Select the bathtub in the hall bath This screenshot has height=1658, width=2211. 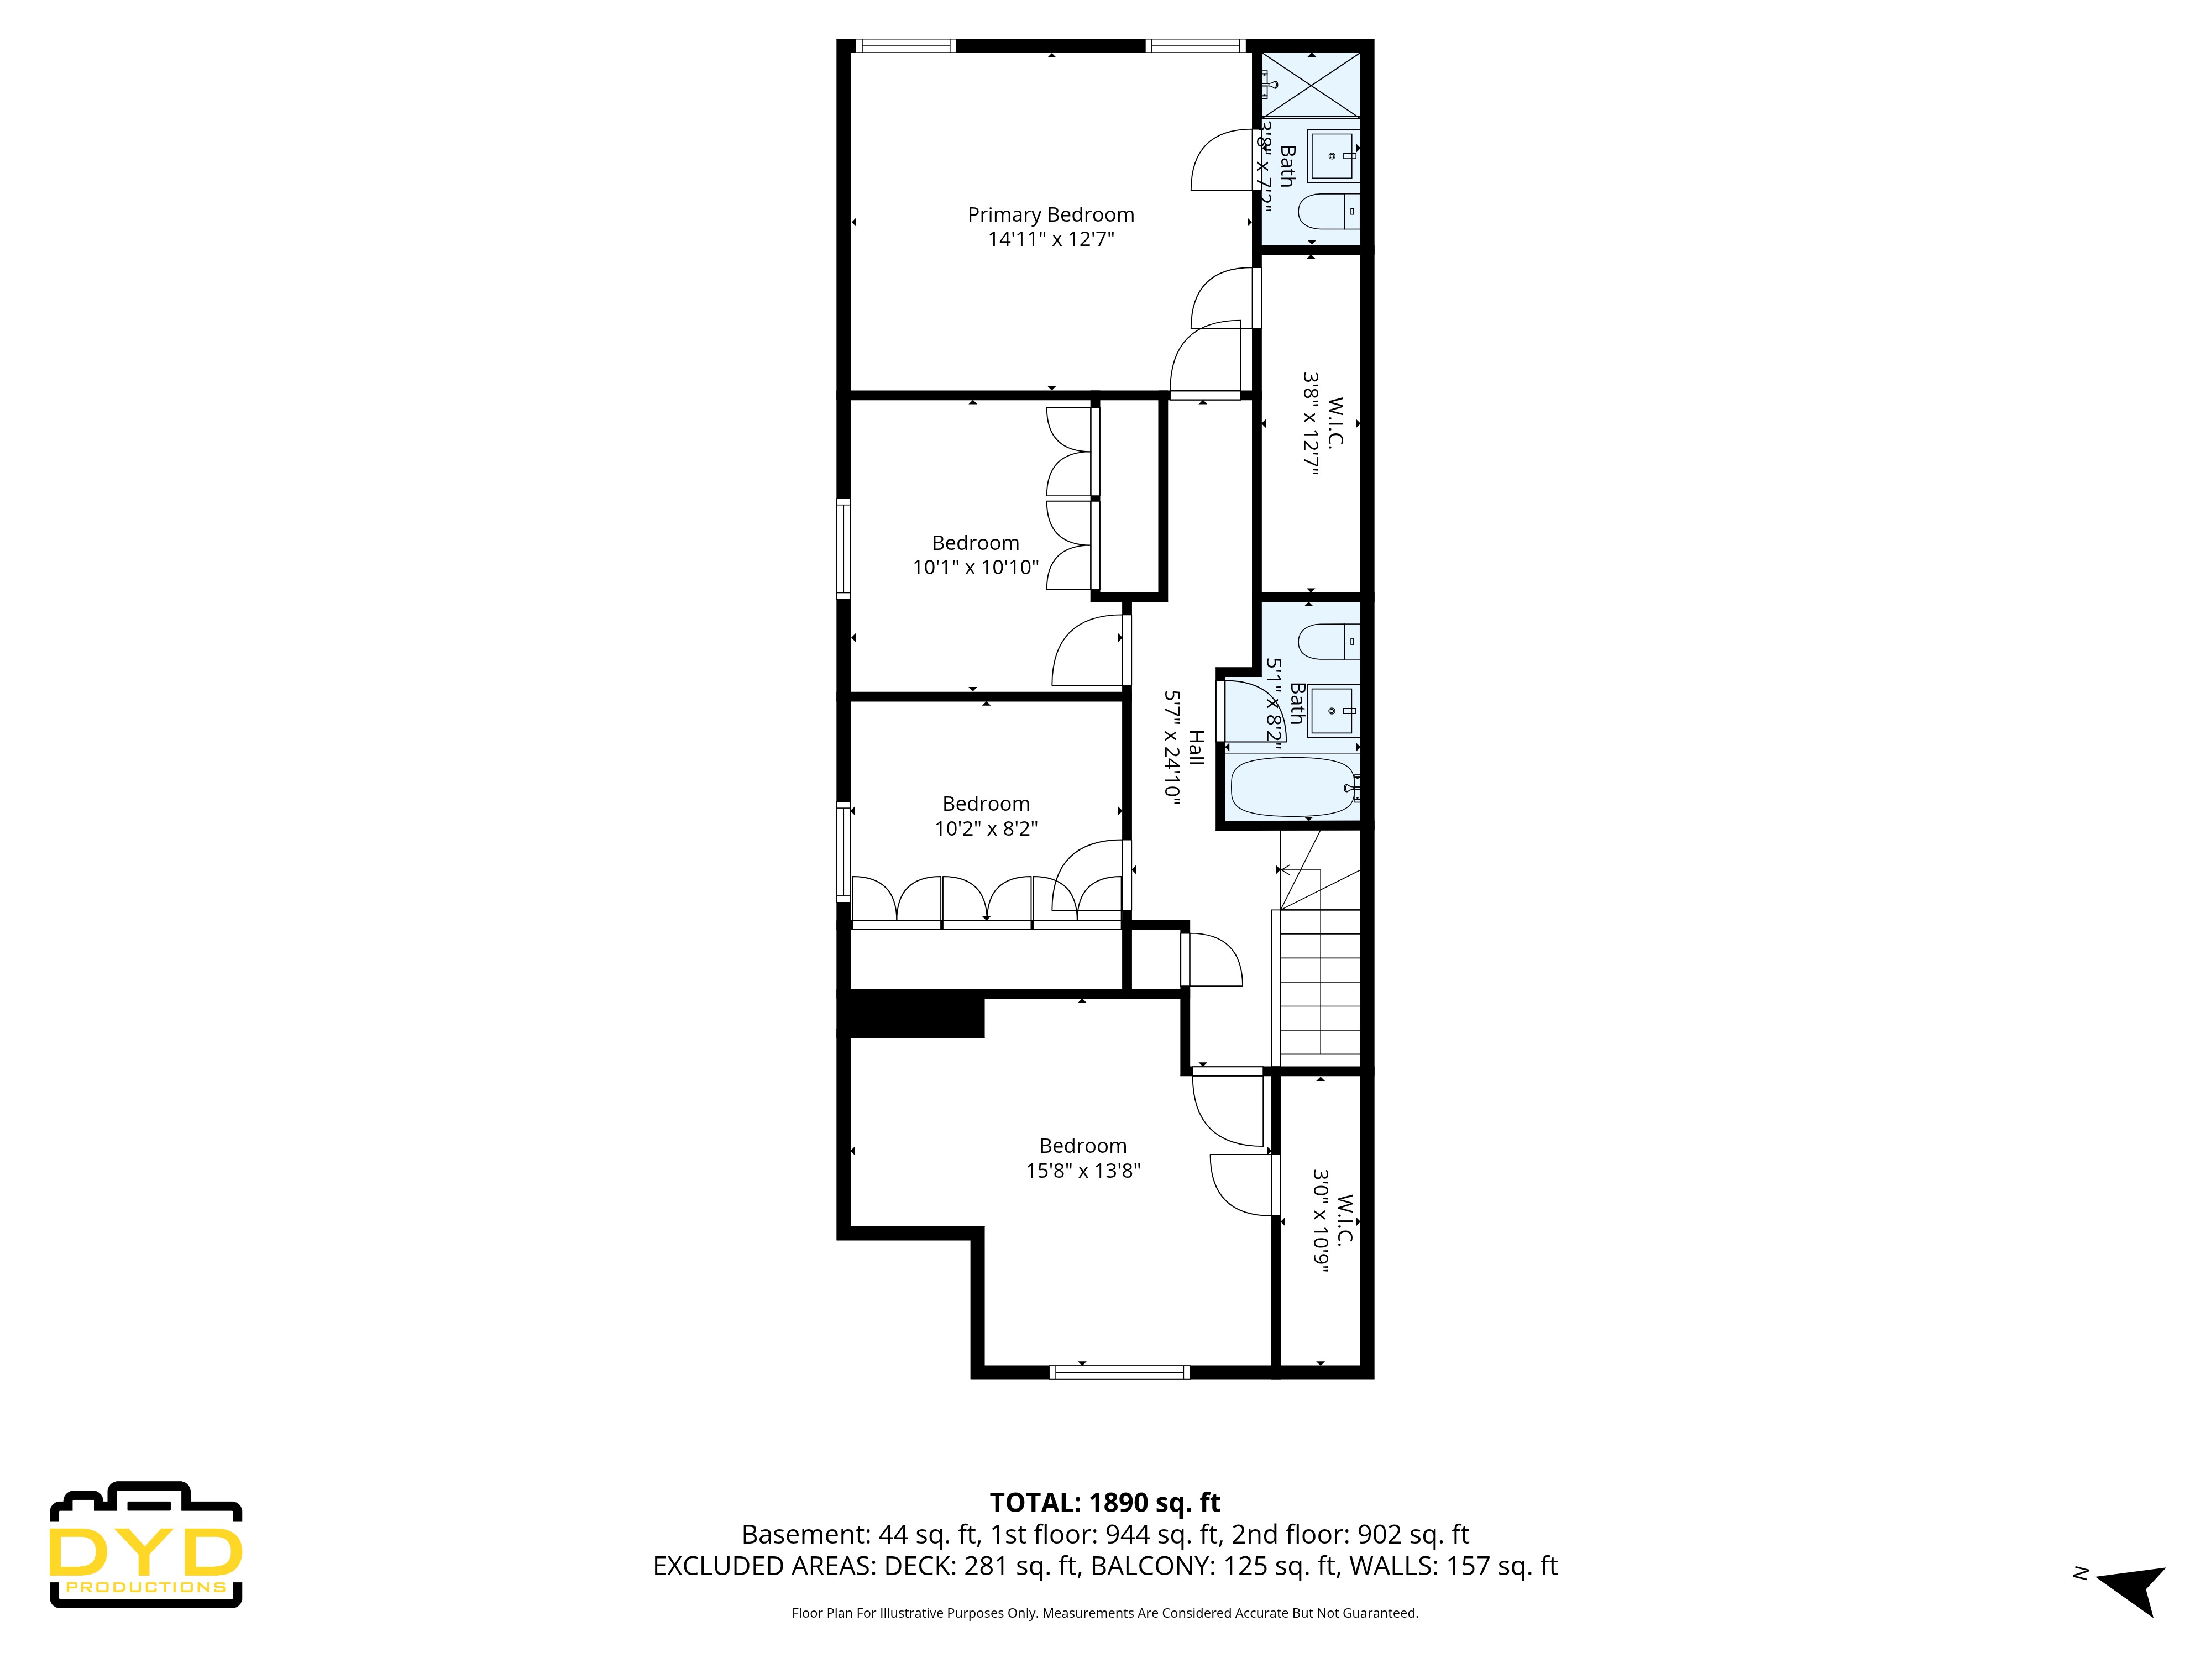click(x=1292, y=786)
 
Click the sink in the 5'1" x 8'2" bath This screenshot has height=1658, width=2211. click(x=1332, y=711)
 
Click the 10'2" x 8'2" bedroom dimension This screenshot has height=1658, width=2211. click(x=986, y=828)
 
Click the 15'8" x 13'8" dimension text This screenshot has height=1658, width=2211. click(x=1082, y=1171)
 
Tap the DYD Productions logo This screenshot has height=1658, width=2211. click(x=146, y=1545)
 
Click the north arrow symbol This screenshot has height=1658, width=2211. click(x=2133, y=1587)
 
